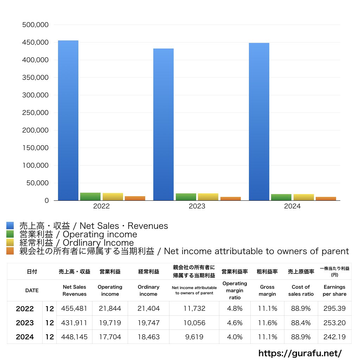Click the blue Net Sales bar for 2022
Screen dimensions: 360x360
[68, 120]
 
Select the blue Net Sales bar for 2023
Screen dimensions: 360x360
[163, 124]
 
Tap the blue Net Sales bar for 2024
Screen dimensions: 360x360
[259, 122]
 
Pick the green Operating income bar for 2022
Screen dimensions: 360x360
[90, 197]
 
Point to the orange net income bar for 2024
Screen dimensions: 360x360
[326, 199]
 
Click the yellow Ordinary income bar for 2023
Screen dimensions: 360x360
[208, 197]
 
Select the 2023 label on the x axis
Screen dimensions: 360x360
[197, 206]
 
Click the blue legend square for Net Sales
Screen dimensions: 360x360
[10, 226]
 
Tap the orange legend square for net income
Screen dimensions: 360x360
[10, 251]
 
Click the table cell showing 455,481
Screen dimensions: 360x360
[74, 309]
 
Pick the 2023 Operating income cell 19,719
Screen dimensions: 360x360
[110, 323]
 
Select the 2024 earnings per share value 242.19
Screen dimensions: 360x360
[334, 337]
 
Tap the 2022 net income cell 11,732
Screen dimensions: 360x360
[194, 309]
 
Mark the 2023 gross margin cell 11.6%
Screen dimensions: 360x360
[267, 323]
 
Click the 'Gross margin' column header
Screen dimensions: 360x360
[267, 290]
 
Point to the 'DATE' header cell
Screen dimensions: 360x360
[32, 290]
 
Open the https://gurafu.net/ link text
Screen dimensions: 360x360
[300, 353]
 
